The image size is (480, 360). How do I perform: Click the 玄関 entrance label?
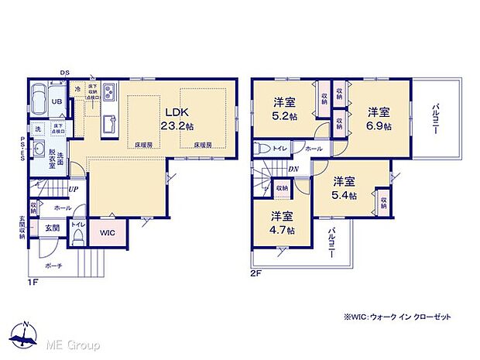tap(52, 228)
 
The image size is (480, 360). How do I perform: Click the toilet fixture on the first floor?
tap(77, 237)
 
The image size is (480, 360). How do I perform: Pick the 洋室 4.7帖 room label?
tap(282, 224)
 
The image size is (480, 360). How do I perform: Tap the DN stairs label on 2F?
tap(293, 169)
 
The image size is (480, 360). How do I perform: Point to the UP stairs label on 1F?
tap(72, 188)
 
